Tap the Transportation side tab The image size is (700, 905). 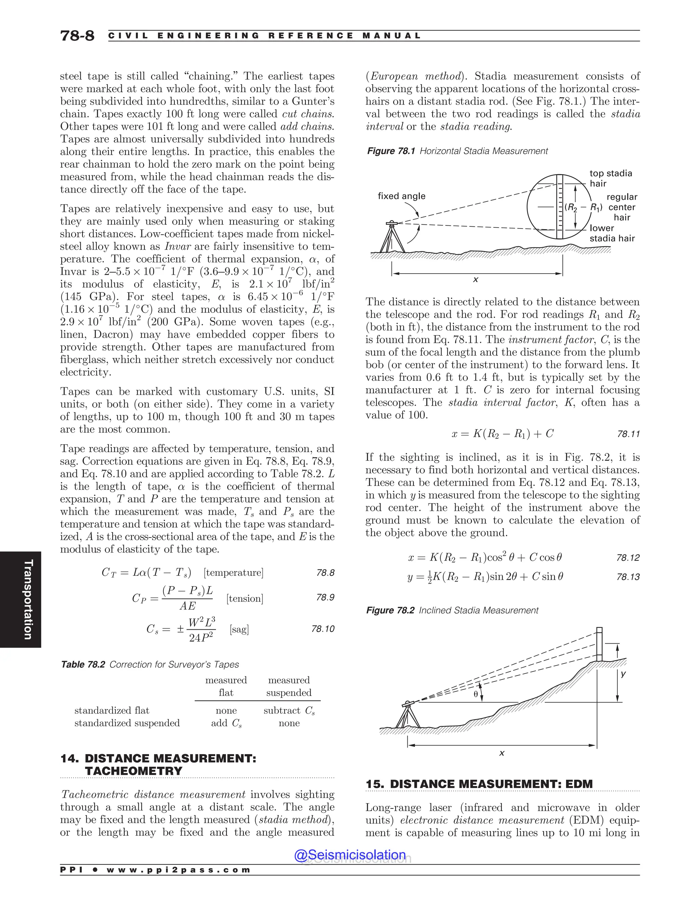click(x=27, y=599)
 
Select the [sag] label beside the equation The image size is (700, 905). click(x=239, y=629)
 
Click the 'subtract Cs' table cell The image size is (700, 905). click(x=289, y=711)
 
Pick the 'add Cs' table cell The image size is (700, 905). click(x=226, y=723)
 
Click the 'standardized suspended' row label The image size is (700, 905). click(x=127, y=723)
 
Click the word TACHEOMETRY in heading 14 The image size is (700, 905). click(x=134, y=771)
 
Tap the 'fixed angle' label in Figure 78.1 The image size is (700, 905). click(x=401, y=196)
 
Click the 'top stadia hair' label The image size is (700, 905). click(x=610, y=178)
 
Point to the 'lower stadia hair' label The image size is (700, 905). click(x=612, y=233)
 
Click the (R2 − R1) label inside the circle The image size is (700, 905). click(x=583, y=208)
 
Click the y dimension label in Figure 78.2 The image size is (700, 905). click(x=623, y=674)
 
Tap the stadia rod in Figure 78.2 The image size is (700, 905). click(x=599, y=645)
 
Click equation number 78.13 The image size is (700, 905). click(x=628, y=577)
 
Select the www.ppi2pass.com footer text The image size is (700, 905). click(x=178, y=870)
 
